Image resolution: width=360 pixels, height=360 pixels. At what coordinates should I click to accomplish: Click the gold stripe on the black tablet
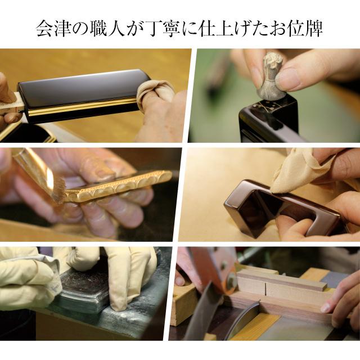pos(84,109)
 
